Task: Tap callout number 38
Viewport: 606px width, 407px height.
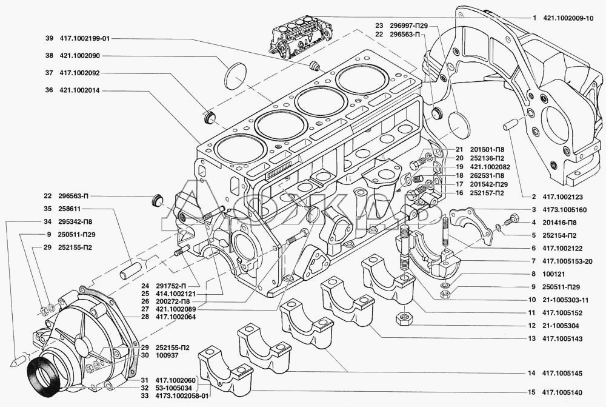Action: (x=48, y=55)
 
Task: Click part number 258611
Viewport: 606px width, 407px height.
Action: (x=73, y=207)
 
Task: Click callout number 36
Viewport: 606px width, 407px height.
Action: (x=48, y=90)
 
